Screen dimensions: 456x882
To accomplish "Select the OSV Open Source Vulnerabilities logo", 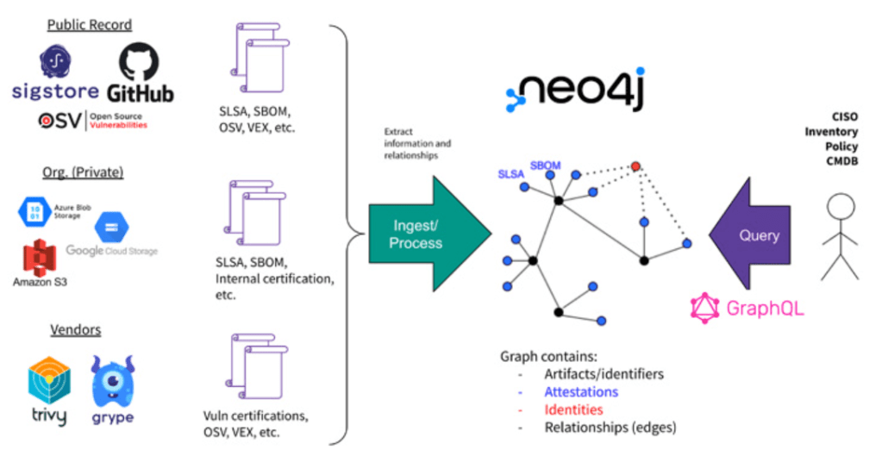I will pyautogui.click(x=90, y=121).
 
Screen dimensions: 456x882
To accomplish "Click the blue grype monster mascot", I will pyautogui.click(x=114, y=379).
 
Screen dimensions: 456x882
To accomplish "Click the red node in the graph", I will pyautogui.click(x=635, y=166).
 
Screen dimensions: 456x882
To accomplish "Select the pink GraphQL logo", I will pyautogui.click(x=747, y=308).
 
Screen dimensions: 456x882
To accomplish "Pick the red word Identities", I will pyautogui.click(x=573, y=409).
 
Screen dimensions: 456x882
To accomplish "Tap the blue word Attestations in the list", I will pyautogui.click(x=580, y=391).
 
